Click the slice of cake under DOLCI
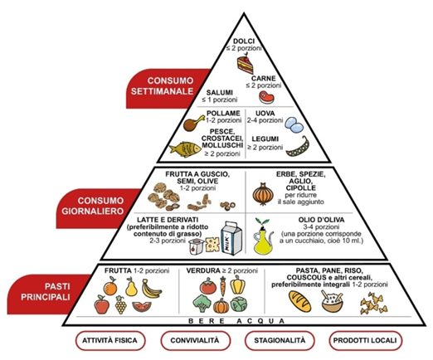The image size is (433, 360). [245, 65]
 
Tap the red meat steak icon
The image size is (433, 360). [266, 97]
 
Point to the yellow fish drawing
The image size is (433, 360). [185, 149]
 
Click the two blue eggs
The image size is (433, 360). [294, 124]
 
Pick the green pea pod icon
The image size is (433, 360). [298, 147]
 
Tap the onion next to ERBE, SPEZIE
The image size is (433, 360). [263, 194]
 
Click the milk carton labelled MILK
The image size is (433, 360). [231, 238]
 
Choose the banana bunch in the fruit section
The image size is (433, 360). [151, 289]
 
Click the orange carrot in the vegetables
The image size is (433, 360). [223, 286]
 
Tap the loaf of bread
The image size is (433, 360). [300, 301]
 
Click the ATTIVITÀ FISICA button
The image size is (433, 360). [110, 340]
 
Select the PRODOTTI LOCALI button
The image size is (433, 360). [365, 340]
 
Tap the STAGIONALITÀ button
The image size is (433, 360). [280, 340]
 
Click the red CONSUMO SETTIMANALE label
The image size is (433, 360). [166, 89]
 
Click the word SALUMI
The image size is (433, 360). [220, 92]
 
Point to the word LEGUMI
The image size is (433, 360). [265, 139]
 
